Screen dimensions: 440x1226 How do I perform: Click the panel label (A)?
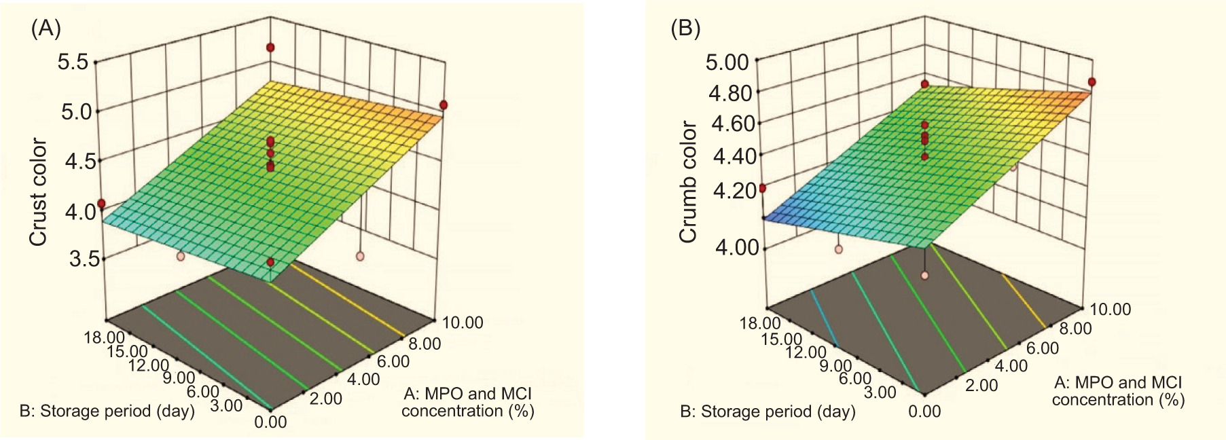click(x=46, y=29)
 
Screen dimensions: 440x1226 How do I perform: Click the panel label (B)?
click(x=685, y=29)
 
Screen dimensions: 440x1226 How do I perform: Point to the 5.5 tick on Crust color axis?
click(x=73, y=62)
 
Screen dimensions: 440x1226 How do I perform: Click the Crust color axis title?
click(x=38, y=191)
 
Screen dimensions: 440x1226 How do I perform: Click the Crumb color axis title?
click(x=688, y=181)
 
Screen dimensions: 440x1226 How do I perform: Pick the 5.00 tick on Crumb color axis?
click(x=727, y=62)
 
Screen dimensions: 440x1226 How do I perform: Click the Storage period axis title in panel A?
click(x=107, y=411)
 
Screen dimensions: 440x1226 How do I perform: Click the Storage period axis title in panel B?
click(x=768, y=411)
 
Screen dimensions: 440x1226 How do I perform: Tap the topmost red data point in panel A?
click(x=270, y=48)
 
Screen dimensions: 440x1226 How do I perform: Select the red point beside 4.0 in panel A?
click(x=101, y=204)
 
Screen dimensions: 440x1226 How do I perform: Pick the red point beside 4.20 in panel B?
click(x=763, y=188)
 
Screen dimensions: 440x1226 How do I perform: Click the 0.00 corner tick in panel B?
click(x=924, y=411)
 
